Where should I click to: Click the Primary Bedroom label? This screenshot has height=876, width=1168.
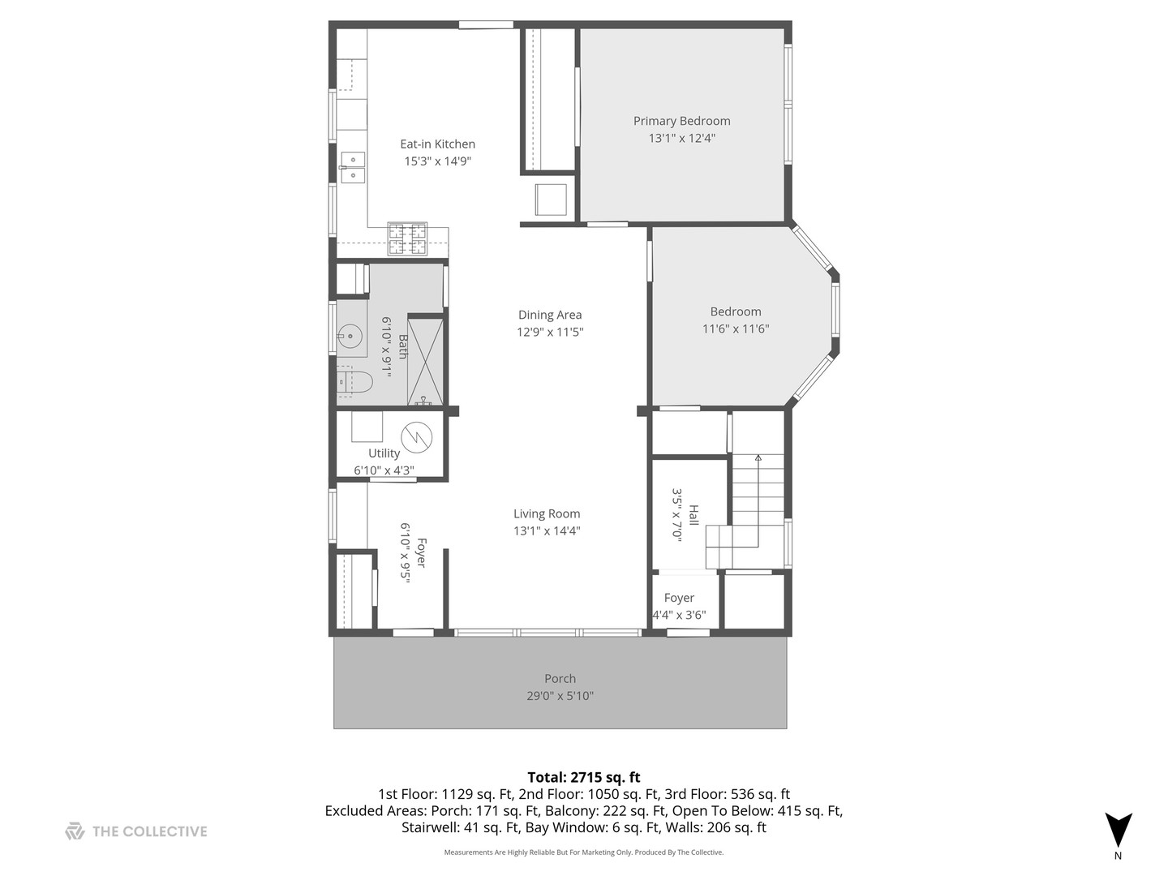click(681, 122)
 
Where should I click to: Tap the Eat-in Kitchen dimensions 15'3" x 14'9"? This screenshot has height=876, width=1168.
click(437, 161)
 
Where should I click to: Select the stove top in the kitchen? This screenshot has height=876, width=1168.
click(407, 238)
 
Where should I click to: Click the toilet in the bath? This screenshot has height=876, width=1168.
click(355, 382)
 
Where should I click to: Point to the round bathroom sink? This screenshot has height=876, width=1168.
click(350, 336)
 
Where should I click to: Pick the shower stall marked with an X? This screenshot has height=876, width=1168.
click(425, 361)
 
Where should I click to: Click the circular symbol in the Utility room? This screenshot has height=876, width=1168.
click(416, 438)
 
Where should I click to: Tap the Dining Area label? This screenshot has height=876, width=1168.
click(550, 315)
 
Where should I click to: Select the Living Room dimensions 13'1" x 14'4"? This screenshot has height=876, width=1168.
click(547, 530)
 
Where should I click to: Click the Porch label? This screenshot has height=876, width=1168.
click(560, 679)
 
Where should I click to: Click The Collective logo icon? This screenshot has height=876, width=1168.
click(75, 831)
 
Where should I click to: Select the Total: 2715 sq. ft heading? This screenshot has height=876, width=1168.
click(584, 778)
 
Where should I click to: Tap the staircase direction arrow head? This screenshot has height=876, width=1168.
click(758, 457)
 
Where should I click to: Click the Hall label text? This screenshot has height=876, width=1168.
click(693, 515)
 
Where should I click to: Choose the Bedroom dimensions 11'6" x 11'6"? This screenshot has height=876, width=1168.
click(736, 329)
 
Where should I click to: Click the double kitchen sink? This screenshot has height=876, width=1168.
click(353, 167)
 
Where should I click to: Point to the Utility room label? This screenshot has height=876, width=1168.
click(384, 453)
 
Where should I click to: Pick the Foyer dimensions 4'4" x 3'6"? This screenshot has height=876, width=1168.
click(679, 616)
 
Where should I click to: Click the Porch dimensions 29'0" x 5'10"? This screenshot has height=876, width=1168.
click(560, 696)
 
